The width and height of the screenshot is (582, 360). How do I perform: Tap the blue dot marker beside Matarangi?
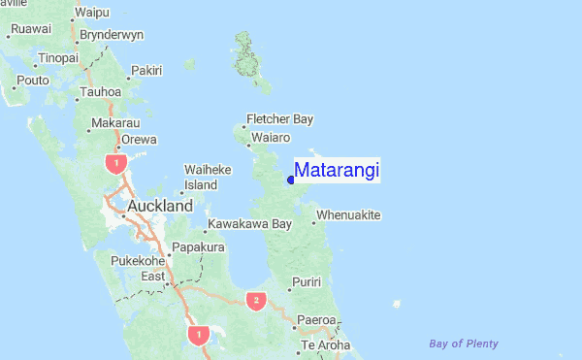(x=291, y=179)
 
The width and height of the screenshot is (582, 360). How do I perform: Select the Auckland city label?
(x=160, y=207)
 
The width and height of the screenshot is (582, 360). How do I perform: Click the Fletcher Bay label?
(x=280, y=119)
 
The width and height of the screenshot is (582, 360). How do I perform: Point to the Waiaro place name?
(x=271, y=138)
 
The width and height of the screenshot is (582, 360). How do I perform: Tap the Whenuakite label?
(x=348, y=214)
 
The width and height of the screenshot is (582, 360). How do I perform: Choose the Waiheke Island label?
(x=208, y=177)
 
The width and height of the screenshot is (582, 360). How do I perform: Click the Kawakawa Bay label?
(x=249, y=224)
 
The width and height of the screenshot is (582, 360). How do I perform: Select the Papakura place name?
(x=198, y=247)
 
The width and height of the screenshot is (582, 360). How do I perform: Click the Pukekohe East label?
(x=140, y=268)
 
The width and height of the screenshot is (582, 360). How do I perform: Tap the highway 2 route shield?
(x=256, y=300)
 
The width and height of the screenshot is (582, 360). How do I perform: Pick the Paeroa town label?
(x=316, y=319)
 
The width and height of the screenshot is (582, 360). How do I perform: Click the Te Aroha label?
(x=326, y=345)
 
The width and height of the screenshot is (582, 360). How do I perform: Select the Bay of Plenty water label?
(x=464, y=344)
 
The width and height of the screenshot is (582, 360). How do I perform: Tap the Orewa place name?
(x=139, y=139)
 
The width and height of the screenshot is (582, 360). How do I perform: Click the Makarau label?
(x=115, y=123)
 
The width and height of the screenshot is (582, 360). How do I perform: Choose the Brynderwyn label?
(x=112, y=34)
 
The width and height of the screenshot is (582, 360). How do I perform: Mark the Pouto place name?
(x=33, y=81)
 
